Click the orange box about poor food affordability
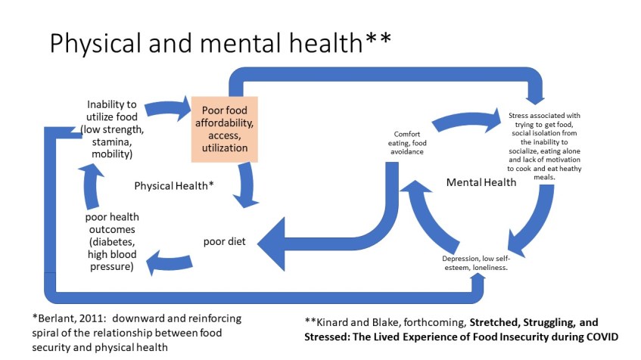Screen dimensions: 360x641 (225, 129)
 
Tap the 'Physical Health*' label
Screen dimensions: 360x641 (173, 185)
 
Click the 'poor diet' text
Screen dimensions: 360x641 (224, 242)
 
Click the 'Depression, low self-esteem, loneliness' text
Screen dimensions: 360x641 (476, 262)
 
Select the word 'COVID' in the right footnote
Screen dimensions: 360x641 (600, 336)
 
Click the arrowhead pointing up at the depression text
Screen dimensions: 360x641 (478, 281)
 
